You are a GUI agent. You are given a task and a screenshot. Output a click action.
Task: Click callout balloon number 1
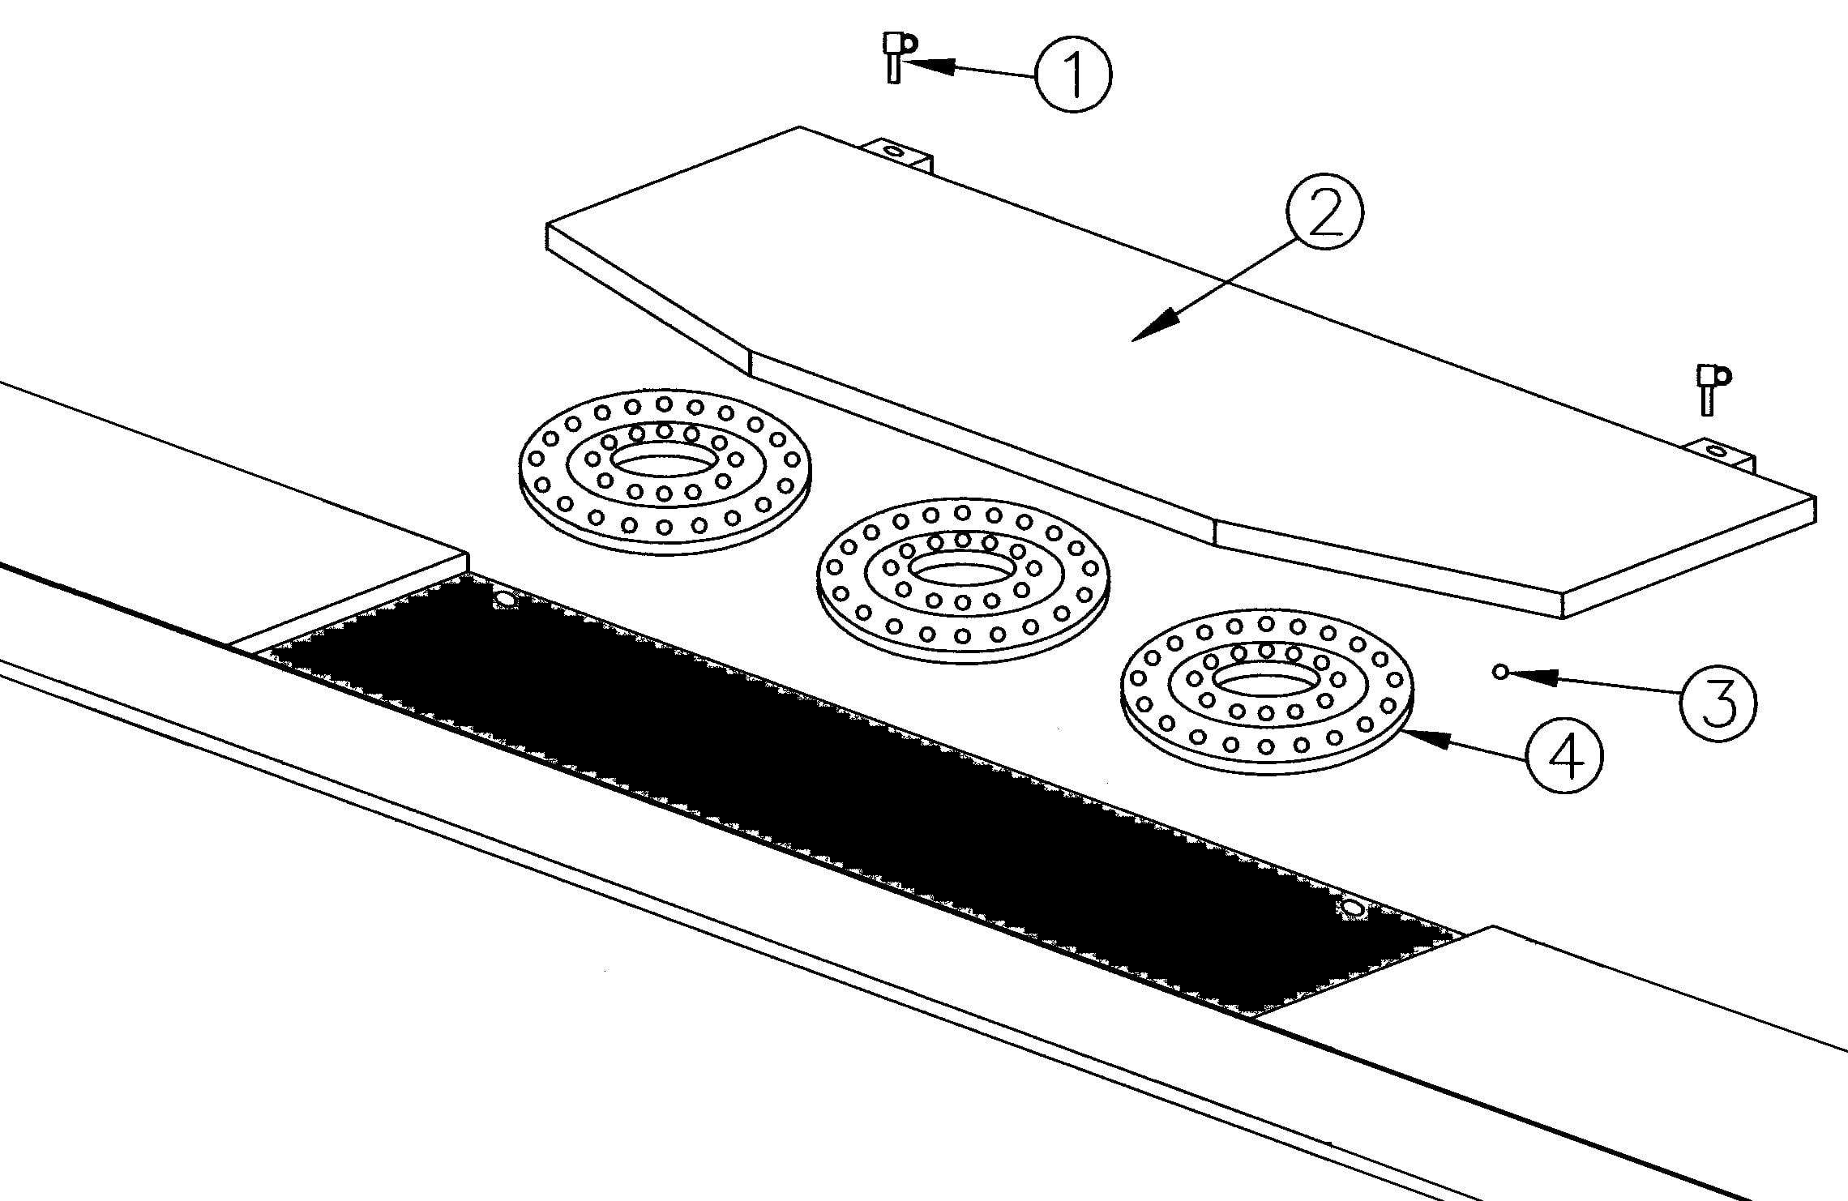point(1074,75)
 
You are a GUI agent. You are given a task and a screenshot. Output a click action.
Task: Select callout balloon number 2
point(1325,213)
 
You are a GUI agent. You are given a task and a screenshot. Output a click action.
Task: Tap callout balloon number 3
point(1718,703)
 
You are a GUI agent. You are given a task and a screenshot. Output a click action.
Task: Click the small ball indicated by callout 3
point(1500,671)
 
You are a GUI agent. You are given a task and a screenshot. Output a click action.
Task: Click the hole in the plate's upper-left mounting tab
point(893,151)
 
